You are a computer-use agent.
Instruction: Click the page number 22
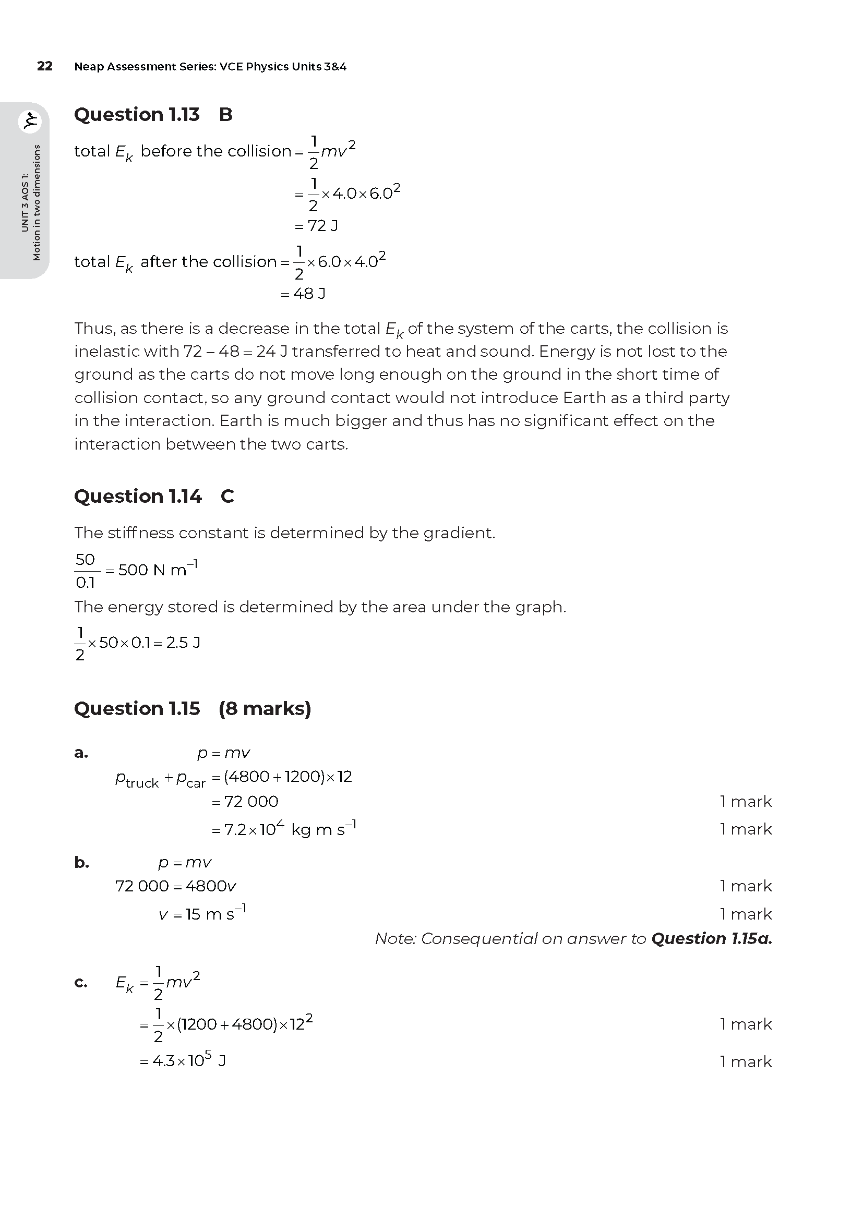coord(45,66)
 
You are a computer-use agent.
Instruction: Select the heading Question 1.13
coord(137,115)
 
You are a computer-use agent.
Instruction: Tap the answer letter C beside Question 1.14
coord(227,496)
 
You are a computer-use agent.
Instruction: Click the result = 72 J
coord(316,226)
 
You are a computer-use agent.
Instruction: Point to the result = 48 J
coord(303,293)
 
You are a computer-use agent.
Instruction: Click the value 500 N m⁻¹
coord(158,570)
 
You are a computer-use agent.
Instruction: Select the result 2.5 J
coord(183,643)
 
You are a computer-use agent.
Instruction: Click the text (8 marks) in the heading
coord(265,708)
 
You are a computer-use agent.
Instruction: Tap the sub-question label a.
coord(81,753)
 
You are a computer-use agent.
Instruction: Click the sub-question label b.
coord(81,862)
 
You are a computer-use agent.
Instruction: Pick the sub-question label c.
coord(81,983)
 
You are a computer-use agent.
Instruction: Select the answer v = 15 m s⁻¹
coord(202,914)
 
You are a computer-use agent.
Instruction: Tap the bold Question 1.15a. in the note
coord(711,938)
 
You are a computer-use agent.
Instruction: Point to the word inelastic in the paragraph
coord(104,351)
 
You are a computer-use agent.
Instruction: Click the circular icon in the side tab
coord(30,122)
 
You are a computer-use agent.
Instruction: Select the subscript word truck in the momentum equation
coord(142,783)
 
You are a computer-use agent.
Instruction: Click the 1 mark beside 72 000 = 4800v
coord(745,886)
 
